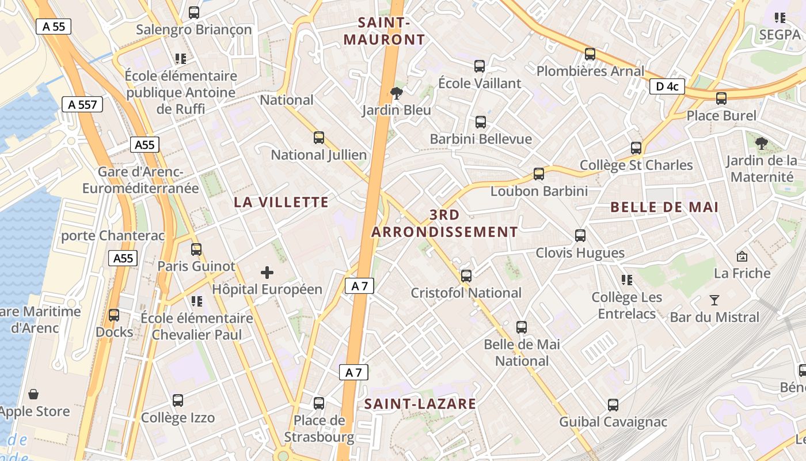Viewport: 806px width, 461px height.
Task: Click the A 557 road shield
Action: (82, 104)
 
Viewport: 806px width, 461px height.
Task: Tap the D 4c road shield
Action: (667, 86)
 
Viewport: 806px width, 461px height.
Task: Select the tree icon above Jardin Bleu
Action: (396, 93)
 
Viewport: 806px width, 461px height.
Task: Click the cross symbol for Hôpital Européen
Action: (267, 273)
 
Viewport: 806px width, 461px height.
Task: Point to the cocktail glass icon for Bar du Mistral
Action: (714, 300)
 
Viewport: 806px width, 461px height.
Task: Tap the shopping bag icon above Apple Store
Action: (34, 394)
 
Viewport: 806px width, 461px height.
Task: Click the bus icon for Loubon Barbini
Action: (539, 173)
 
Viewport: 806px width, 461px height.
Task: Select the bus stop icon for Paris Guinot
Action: (196, 249)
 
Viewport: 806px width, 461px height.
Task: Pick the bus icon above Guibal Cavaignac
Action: (613, 405)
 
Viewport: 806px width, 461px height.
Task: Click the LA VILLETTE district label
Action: (282, 202)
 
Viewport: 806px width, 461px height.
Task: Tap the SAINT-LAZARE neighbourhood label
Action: (420, 404)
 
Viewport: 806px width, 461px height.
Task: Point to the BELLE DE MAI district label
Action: (664, 207)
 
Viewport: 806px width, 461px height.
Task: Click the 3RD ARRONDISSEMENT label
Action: (444, 224)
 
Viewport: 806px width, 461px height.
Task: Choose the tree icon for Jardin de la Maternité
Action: (762, 143)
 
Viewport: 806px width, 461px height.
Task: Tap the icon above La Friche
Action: (742, 256)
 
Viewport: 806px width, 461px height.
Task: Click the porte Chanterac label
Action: (113, 236)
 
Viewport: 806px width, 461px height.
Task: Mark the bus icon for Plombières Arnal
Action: (590, 54)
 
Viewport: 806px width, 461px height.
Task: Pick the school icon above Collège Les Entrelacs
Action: (627, 280)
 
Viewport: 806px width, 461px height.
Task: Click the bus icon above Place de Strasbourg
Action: (319, 403)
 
